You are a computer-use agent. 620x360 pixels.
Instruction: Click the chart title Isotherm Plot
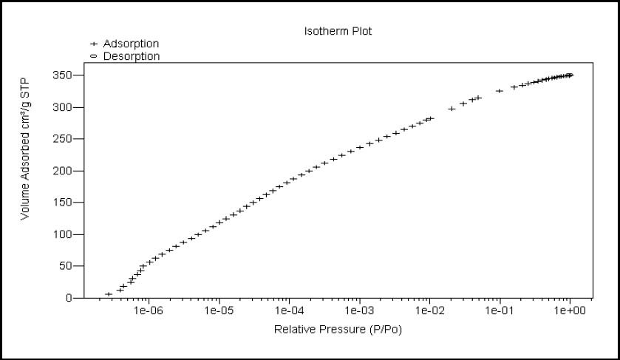click(337, 31)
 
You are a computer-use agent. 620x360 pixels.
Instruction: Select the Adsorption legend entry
click(130, 44)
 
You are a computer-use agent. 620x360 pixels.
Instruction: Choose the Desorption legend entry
click(131, 56)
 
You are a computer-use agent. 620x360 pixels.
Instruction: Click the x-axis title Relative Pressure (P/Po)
click(338, 329)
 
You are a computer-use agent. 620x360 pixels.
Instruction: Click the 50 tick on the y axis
click(67, 266)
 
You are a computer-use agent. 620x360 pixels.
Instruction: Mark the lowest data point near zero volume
click(109, 294)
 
